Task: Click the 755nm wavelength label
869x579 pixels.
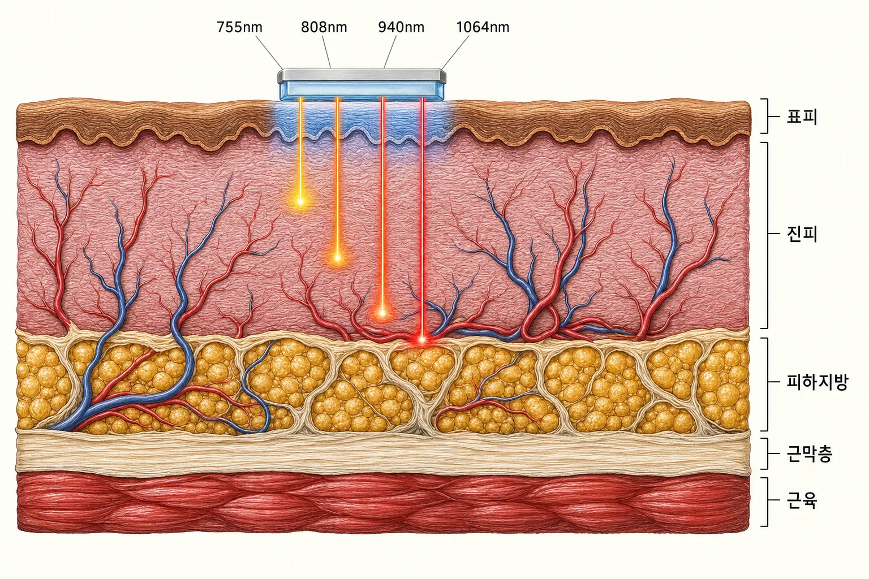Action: pyautogui.click(x=239, y=27)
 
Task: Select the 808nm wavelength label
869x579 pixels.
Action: pyautogui.click(x=324, y=27)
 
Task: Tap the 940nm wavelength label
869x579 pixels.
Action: pyautogui.click(x=401, y=27)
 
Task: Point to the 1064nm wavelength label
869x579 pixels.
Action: pyautogui.click(x=483, y=27)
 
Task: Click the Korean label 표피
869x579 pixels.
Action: pyautogui.click(x=802, y=116)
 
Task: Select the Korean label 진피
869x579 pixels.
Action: pyautogui.click(x=802, y=234)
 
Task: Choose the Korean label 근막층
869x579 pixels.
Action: pyautogui.click(x=810, y=454)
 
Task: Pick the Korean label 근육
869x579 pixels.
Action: pyautogui.click(x=802, y=500)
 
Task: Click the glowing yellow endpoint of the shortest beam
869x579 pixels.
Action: pyautogui.click(x=300, y=202)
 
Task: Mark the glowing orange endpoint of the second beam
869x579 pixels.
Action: pyautogui.click(x=338, y=257)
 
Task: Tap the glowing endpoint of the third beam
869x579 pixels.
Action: pyautogui.click(x=382, y=313)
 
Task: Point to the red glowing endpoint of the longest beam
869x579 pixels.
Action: pyautogui.click(x=422, y=340)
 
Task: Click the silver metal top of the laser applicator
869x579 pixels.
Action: pyautogui.click(x=362, y=75)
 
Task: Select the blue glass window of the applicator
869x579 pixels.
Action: pyautogui.click(x=362, y=90)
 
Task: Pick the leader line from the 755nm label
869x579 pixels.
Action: pyautogui.click(x=269, y=53)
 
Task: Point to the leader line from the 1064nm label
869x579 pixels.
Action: pyautogui.click(x=455, y=53)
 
